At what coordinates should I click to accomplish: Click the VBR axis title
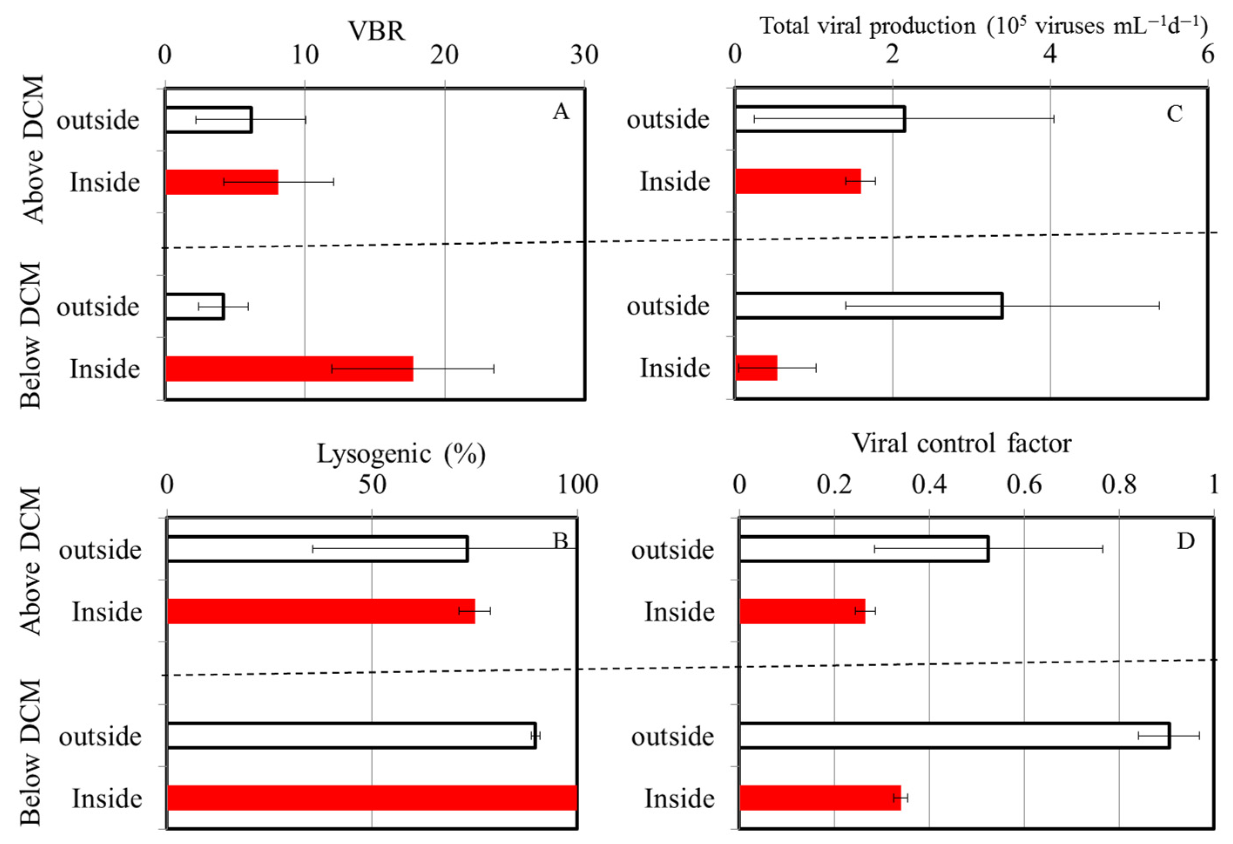[x=376, y=31]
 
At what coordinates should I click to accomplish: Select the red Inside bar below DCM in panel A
[x=289, y=369]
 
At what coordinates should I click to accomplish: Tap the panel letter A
[x=561, y=111]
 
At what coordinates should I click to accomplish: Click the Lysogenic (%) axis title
[x=401, y=454]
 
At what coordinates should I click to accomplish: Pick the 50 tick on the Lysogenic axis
[x=372, y=484]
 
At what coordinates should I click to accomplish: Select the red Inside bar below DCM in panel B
[x=372, y=797]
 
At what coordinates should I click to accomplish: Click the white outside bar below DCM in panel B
[x=351, y=735]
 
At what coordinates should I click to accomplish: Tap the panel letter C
[x=1174, y=113]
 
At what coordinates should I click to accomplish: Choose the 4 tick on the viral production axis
[x=1050, y=54]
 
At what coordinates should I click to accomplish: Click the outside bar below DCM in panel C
[x=868, y=306]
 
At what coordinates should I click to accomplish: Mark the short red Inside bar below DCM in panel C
[x=756, y=368]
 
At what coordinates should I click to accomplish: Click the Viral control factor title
[x=961, y=443]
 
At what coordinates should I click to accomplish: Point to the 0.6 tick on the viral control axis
[x=1024, y=484]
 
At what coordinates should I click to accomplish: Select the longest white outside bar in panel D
[x=954, y=735]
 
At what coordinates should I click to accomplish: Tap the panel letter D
[x=1185, y=541]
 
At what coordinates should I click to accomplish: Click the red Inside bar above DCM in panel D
[x=802, y=611]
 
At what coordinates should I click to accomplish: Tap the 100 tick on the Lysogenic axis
[x=577, y=484]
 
